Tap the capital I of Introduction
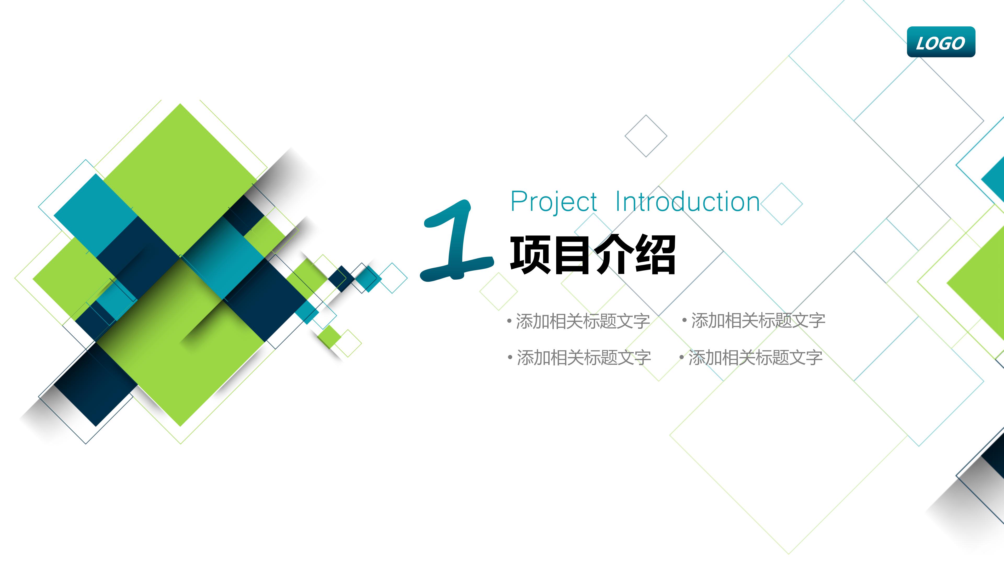coord(619,202)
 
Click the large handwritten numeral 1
coord(456,242)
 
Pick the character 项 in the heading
coord(530,255)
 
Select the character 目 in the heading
coord(572,255)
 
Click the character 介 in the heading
coord(614,255)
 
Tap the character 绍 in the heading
coord(655,255)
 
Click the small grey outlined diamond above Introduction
coord(646,136)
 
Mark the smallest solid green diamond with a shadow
coord(330,336)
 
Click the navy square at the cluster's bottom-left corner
coord(95,384)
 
